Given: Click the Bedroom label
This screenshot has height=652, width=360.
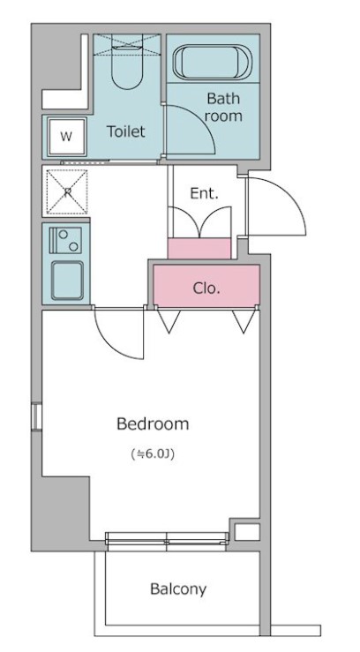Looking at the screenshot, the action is tap(153, 423).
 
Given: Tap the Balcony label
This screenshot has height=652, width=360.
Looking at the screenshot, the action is tap(178, 589).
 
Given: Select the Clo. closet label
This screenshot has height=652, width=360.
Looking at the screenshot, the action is tap(206, 289).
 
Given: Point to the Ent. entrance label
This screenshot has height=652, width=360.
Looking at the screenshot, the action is tap(204, 193).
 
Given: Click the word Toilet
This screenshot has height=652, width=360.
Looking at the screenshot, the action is tap(126, 131).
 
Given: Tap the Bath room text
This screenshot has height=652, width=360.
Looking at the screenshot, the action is tap(223, 108).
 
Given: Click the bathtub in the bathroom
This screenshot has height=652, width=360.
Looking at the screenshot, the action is tap(212, 62).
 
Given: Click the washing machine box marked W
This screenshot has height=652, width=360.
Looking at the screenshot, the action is tap(66, 137).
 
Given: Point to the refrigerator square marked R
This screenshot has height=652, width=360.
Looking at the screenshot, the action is tap(67, 191).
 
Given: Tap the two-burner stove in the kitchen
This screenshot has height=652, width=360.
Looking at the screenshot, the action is tap(65, 240).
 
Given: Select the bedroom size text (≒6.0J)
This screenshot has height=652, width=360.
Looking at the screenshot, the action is tap(153, 454).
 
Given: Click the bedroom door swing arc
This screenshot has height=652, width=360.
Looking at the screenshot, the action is tap(109, 343).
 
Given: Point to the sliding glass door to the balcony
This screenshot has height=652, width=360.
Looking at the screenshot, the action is tap(167, 538).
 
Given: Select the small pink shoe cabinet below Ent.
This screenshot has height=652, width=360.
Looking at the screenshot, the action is tap(199, 248).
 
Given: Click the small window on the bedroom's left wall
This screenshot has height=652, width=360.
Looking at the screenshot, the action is tap(36, 416).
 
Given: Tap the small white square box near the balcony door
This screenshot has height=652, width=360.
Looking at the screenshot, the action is tap(247, 532).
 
